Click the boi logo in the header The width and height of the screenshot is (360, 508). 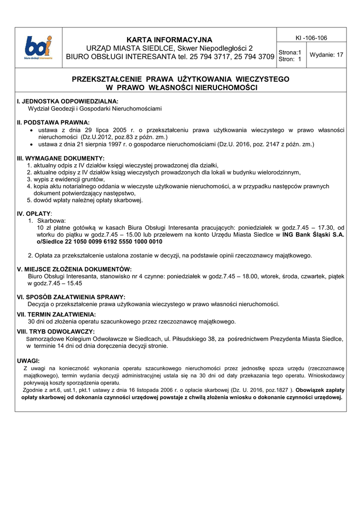[39, 48]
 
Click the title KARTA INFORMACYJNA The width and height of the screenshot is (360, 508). [169, 40]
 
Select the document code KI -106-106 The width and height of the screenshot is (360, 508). [311, 38]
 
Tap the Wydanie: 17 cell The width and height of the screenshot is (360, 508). [326, 55]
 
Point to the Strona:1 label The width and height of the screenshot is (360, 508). [290, 52]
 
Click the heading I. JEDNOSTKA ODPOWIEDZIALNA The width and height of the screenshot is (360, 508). [68, 101]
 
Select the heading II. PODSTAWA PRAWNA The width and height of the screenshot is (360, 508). [53, 122]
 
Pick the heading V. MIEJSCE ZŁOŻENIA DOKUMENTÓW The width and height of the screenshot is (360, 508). [74, 269]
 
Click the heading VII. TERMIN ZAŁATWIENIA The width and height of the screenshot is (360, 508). [57, 314]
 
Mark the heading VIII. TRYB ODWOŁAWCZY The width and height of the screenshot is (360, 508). [56, 331]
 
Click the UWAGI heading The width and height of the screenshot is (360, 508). [28, 361]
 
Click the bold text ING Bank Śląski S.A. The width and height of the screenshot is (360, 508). [313, 235]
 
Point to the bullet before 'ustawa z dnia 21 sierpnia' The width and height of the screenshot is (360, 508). [32, 144]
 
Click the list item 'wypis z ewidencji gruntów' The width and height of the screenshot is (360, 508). [66, 179]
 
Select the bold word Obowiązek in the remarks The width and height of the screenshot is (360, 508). [311, 390]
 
